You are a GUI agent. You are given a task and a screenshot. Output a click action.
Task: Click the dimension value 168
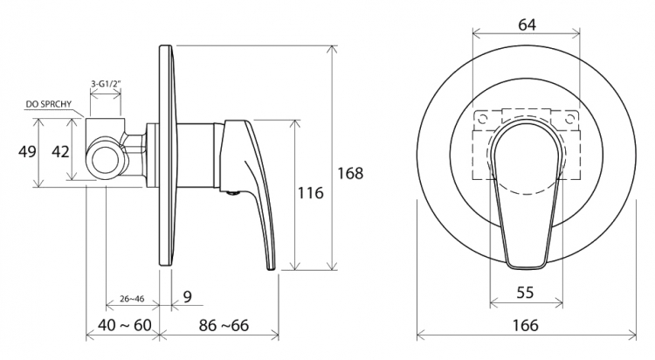(350, 173)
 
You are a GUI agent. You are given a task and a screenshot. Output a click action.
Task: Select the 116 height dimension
(310, 193)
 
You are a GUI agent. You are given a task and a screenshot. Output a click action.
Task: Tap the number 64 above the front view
(527, 24)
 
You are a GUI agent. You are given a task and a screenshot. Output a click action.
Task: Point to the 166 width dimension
(526, 325)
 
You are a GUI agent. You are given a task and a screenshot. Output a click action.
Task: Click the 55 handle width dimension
(525, 292)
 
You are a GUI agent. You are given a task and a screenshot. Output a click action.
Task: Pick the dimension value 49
(27, 151)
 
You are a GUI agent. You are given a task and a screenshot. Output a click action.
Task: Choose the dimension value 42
(60, 151)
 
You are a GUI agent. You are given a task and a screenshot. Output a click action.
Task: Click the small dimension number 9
(187, 296)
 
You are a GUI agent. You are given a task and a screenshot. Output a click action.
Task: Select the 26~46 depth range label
(132, 299)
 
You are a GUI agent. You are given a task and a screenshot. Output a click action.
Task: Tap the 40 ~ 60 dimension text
(125, 325)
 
